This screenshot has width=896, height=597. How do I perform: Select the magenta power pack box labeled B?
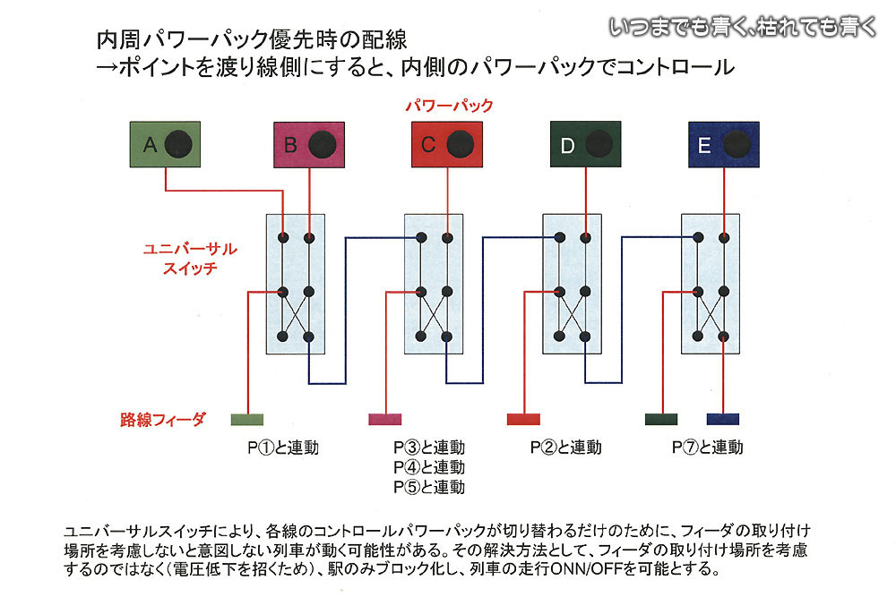[x=306, y=144]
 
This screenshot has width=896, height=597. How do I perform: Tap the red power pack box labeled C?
[x=446, y=144]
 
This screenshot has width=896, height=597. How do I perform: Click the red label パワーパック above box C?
[x=449, y=106]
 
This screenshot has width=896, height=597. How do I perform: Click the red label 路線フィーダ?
[x=163, y=419]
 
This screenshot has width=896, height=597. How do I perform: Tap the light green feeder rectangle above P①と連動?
[x=246, y=419]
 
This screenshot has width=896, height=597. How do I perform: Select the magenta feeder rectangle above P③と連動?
[x=385, y=419]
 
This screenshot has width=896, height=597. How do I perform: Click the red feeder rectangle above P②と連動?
[x=523, y=419]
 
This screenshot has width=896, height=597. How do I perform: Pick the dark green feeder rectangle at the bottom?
[x=661, y=419]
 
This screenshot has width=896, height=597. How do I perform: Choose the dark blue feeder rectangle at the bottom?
[x=722, y=419]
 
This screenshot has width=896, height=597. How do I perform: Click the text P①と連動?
[x=283, y=447]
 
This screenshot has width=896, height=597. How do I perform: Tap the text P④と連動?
[x=429, y=467]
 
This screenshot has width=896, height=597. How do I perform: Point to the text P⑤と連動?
[x=429, y=488]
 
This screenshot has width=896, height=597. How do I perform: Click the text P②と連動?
[x=565, y=447]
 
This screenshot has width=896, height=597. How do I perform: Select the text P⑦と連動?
[x=707, y=447]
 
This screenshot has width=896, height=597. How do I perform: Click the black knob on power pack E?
[x=737, y=143]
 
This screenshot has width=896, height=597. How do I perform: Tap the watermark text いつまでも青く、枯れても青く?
[x=743, y=27]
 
